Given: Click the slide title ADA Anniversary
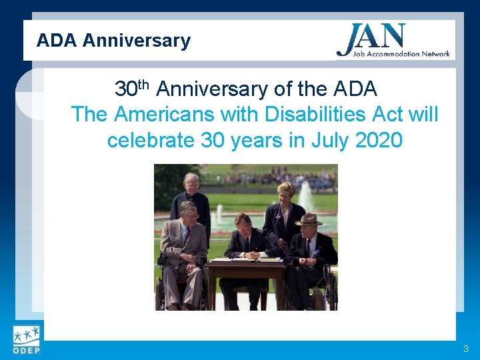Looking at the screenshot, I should point(113,41).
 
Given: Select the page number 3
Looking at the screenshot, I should point(466,349).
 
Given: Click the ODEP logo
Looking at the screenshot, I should point(25,340).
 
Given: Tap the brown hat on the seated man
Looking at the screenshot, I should point(308,219).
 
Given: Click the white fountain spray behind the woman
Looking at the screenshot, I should point(306,197).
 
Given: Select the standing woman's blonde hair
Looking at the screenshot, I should point(286,189).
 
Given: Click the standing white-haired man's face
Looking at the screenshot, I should point(191,183).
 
